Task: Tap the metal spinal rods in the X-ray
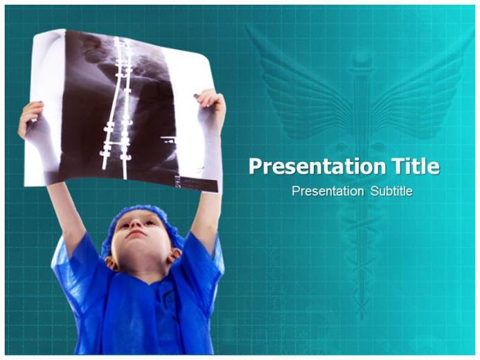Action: [x=118, y=104]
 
